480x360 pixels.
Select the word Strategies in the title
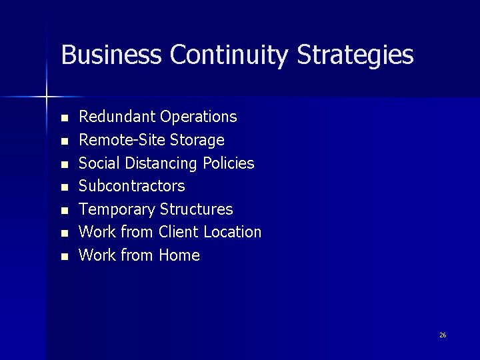click(355, 55)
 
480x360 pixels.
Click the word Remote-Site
click(123, 140)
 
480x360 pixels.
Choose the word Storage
click(197, 140)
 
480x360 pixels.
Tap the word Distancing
click(160, 163)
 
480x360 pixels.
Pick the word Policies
click(229, 163)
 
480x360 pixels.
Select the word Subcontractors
click(132, 186)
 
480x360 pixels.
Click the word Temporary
click(117, 209)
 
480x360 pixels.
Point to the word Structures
click(197, 209)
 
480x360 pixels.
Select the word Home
click(179, 255)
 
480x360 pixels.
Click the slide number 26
click(443, 335)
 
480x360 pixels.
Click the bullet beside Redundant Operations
click(64, 118)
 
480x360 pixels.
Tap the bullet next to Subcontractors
click(64, 187)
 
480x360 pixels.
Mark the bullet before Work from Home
click(64, 257)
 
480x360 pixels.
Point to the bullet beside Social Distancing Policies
click(64, 164)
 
